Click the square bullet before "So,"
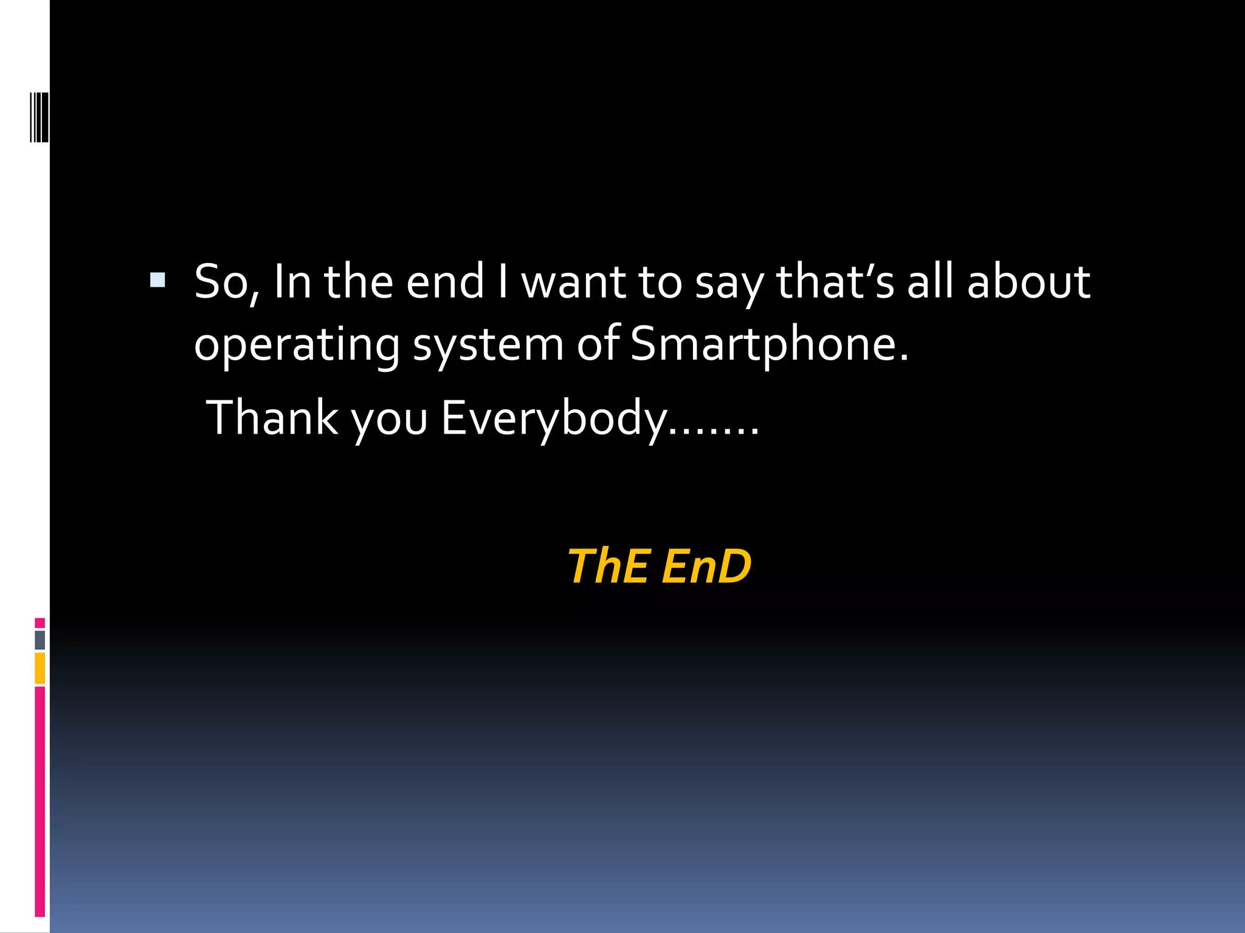157,279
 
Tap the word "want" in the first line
573,282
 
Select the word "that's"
835,282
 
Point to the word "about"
1029,282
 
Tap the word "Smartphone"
762,345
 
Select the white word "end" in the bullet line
445,282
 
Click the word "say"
728,285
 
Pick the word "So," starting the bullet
226,282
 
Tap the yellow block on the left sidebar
40,668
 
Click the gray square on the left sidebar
40,640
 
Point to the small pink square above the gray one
40,623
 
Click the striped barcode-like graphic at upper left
40,117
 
